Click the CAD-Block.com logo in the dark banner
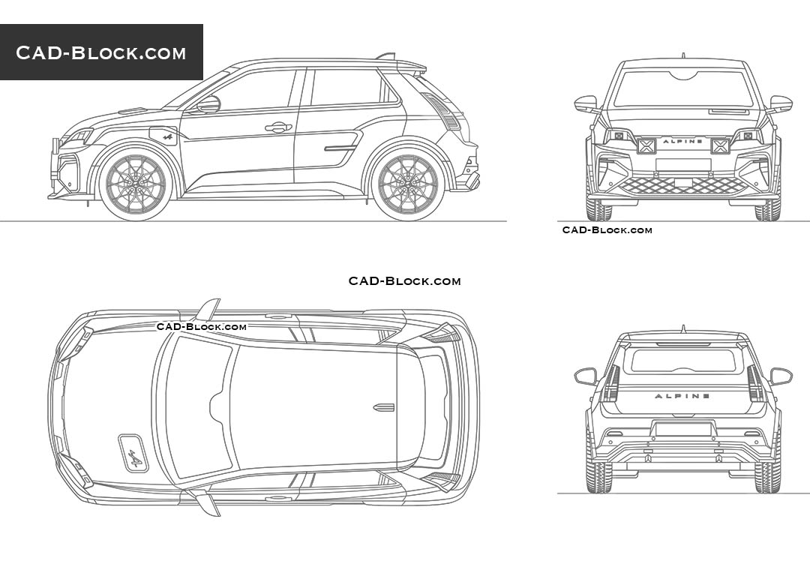pyautogui.click(x=101, y=52)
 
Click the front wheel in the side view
pyautogui.click(x=136, y=182)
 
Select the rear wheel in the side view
pyautogui.click(x=408, y=182)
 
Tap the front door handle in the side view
pyautogui.click(x=277, y=127)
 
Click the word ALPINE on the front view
pyautogui.click(x=683, y=141)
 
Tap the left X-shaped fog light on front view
pyautogui.click(x=646, y=145)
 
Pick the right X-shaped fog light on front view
pyautogui.click(x=720, y=145)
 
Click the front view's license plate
pyautogui.click(x=683, y=165)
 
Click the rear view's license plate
pyautogui.click(x=683, y=429)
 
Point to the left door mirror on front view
pyautogui.click(x=586, y=103)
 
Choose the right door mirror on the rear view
pyautogui.click(x=781, y=375)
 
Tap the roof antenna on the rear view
pyautogui.click(x=683, y=328)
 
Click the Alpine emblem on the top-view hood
pyautogui.click(x=133, y=453)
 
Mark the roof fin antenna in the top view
pyautogui.click(x=383, y=407)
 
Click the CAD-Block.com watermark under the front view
pyautogui.click(x=607, y=230)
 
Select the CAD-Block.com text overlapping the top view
pyautogui.click(x=201, y=326)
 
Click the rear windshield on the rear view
pyautogui.click(x=683, y=361)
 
